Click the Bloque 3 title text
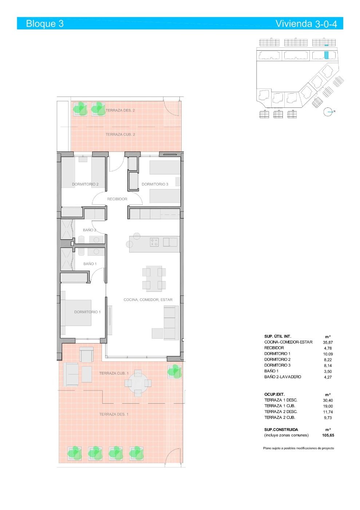45,24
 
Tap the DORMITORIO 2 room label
85,184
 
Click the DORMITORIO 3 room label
155,184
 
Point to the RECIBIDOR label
117,199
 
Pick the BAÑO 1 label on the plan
90,264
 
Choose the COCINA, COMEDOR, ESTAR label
148,300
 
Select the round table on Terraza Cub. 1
138,382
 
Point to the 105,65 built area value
328,435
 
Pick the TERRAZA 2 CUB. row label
280,417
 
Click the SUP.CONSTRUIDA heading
281,429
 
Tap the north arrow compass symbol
329,112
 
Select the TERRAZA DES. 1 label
114,414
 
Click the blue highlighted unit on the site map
327,55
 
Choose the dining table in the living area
154,279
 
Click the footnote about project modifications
298,448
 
